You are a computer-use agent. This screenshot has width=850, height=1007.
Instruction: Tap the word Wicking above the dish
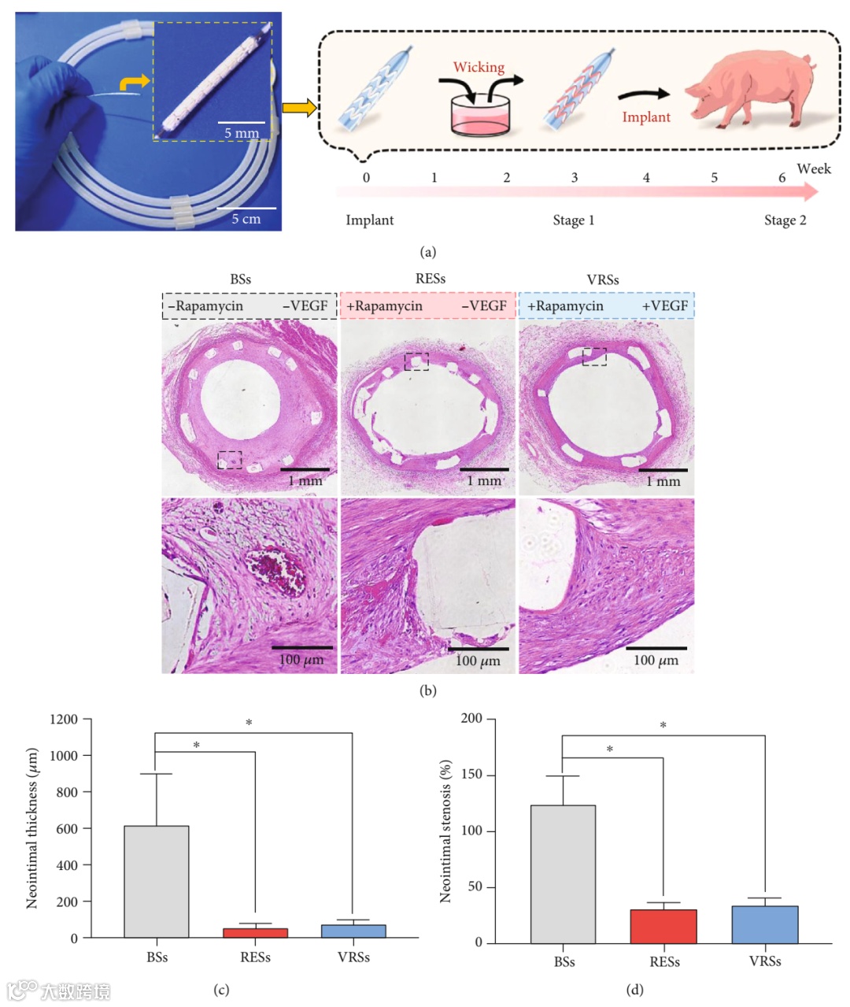479,68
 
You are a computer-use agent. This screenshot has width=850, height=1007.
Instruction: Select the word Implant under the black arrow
646,117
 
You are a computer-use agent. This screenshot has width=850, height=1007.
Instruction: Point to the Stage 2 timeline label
785,220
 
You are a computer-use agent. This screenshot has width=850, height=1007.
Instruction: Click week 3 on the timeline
575,178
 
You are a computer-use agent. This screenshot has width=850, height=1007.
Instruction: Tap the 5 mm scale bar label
242,133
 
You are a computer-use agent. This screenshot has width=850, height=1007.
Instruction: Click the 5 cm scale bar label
246,219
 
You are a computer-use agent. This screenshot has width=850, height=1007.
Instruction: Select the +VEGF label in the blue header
665,306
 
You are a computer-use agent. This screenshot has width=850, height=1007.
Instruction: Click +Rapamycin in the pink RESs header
385,306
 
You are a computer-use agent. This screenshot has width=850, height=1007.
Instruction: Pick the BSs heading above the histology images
241,280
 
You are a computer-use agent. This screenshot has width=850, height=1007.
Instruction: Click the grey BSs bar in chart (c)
157,882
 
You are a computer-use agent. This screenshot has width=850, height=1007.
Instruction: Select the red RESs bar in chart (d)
663,926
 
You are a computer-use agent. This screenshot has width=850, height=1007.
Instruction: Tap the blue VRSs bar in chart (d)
765,924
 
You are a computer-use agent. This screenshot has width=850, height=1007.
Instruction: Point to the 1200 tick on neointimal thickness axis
64,720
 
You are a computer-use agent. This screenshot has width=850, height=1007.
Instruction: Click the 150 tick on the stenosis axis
471,776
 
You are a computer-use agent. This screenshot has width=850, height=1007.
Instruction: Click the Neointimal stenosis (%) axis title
446,831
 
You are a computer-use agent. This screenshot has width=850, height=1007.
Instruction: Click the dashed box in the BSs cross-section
230,460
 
